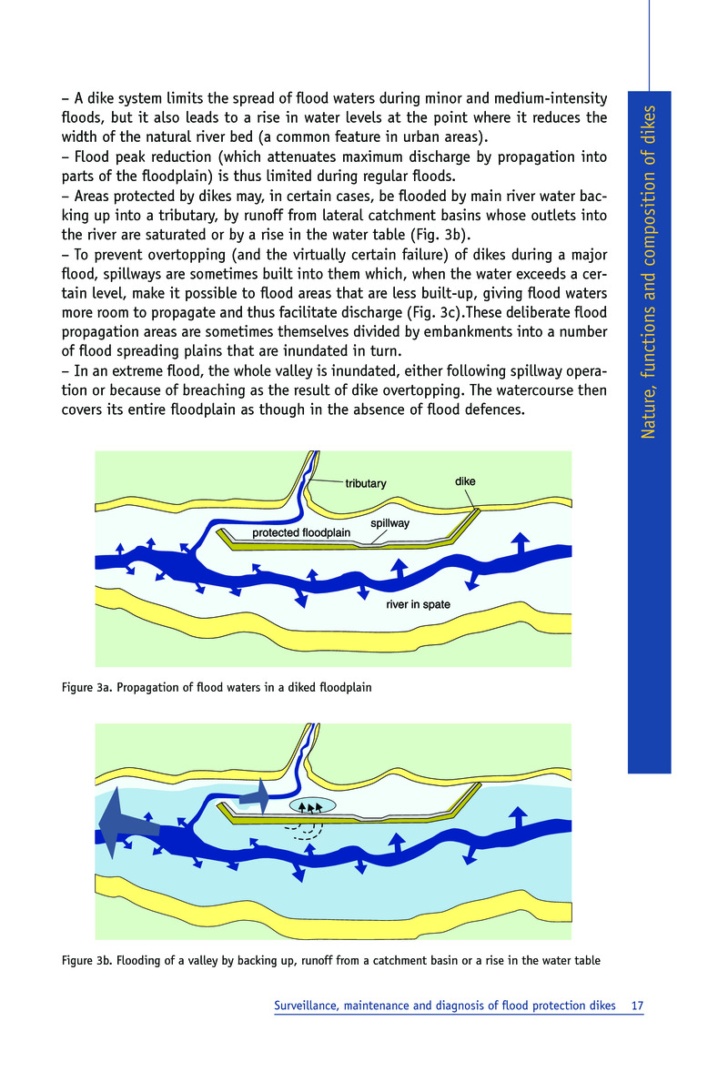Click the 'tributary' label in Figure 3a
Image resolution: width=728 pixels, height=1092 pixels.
366,483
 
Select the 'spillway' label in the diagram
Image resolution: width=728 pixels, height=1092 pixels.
390,523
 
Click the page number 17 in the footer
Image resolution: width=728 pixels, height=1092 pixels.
637,1006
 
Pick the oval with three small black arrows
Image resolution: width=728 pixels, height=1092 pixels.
312,806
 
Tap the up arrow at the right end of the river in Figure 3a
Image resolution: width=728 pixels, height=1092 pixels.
521,542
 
